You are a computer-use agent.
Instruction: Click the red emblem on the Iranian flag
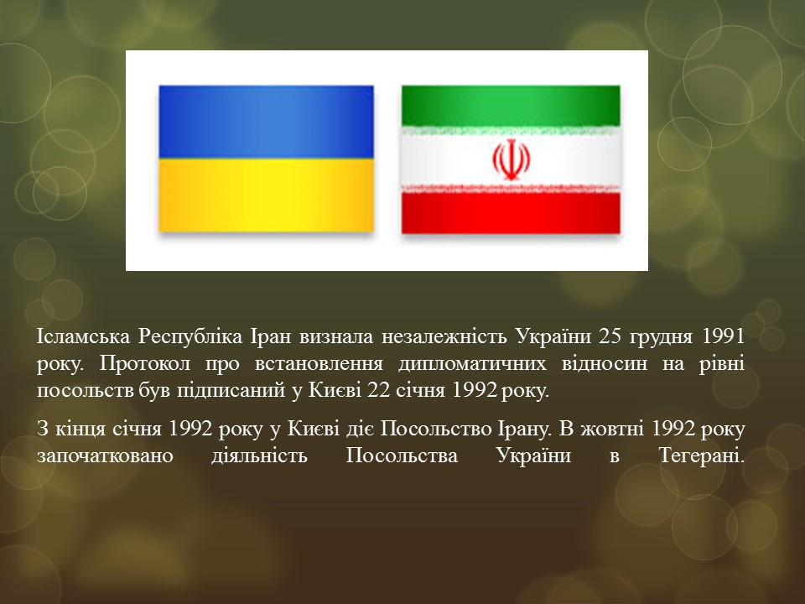coord(511,160)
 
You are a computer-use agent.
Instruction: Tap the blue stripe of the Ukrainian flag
coord(267,122)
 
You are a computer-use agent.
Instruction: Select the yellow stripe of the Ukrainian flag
coord(267,195)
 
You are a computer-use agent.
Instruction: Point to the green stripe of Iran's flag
coord(511,106)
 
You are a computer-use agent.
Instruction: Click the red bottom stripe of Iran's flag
coord(511,214)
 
